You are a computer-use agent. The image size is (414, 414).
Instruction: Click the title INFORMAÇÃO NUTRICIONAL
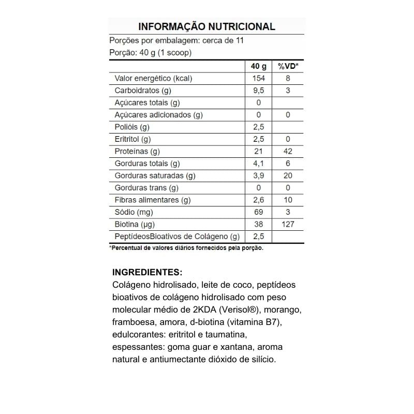click(x=206, y=26)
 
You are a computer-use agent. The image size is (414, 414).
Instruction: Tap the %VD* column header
click(x=288, y=66)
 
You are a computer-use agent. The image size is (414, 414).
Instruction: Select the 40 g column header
click(x=259, y=66)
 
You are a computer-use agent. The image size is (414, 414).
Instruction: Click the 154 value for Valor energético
click(x=259, y=79)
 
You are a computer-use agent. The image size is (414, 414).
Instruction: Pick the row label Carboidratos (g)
click(x=142, y=91)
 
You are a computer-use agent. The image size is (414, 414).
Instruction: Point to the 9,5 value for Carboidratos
click(x=259, y=91)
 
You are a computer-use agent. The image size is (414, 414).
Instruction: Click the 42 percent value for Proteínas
click(x=288, y=151)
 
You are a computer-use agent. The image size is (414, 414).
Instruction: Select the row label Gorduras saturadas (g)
click(x=154, y=175)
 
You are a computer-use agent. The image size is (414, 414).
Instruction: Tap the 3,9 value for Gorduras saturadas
click(x=259, y=175)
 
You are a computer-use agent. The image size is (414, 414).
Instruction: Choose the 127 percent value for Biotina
click(x=288, y=224)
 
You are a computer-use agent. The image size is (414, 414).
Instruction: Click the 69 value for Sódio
click(x=259, y=212)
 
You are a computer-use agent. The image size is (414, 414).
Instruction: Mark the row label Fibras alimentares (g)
click(x=153, y=200)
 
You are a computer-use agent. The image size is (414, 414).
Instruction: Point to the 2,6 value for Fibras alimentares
click(x=259, y=200)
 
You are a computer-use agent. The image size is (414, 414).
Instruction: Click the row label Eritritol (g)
click(x=132, y=139)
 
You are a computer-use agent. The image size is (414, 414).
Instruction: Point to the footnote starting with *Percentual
click(x=186, y=248)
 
